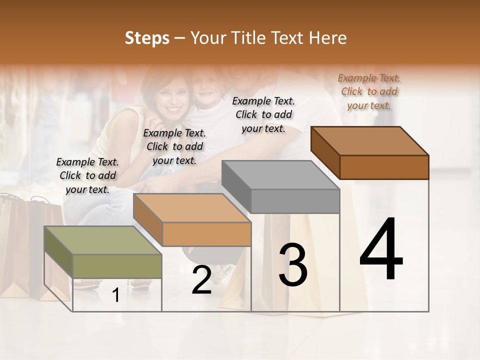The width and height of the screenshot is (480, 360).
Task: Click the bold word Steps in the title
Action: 147,38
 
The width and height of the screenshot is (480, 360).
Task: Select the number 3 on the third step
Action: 293,264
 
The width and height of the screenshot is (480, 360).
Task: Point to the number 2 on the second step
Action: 201,280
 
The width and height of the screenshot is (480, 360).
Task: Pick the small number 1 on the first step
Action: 116,296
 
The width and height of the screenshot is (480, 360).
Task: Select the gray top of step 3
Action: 280,175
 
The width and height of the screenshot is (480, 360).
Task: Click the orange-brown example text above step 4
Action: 369,91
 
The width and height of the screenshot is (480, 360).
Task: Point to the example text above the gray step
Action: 263,114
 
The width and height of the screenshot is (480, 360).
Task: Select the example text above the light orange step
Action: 174,146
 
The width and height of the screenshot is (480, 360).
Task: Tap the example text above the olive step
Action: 87,175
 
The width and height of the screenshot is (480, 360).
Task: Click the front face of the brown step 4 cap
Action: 384,167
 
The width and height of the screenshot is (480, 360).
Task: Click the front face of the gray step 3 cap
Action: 295,201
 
